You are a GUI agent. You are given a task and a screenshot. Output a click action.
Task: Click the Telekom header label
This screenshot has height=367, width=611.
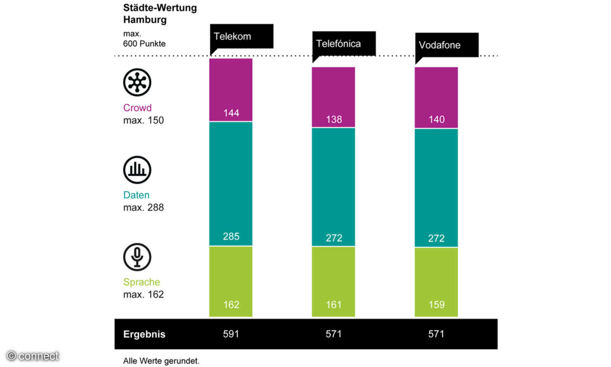232,36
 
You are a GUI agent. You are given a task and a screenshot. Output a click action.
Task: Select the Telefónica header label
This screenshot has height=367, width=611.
338,44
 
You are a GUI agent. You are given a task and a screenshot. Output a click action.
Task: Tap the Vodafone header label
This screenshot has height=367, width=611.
440,45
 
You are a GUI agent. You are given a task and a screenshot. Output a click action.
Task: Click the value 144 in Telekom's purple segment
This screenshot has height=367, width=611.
231,113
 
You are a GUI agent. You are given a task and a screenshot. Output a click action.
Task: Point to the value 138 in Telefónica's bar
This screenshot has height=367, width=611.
334,119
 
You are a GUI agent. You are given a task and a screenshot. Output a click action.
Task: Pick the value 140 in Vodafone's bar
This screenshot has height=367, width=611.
436,119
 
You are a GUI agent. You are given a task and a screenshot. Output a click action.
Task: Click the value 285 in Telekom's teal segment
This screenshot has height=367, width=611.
231,236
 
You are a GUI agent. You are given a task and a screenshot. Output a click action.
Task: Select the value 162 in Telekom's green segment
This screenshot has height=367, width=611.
231,305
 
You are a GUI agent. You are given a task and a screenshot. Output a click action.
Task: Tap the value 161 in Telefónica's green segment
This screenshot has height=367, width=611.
334,305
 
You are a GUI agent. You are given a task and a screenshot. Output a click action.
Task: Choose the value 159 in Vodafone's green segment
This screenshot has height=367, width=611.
436,305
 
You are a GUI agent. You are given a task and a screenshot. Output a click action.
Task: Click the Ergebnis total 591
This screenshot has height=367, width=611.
231,334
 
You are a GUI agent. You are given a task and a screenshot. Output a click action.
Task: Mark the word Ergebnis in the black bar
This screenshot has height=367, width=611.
144,334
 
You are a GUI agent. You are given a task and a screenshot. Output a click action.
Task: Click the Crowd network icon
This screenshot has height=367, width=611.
137,82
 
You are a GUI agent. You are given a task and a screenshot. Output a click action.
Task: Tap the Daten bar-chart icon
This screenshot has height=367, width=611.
137,170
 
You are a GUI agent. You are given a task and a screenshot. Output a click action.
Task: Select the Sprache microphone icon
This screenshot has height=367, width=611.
137,257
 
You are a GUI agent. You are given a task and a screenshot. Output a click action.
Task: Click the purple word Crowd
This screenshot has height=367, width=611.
137,108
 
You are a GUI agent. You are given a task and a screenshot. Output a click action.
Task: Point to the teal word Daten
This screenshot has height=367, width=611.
136,195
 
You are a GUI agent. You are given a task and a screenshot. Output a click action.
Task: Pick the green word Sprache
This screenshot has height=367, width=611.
141,282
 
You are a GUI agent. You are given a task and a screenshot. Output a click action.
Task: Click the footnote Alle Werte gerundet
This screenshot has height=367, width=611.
161,361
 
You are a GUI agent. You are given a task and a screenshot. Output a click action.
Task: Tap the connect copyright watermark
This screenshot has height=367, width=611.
33,356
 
